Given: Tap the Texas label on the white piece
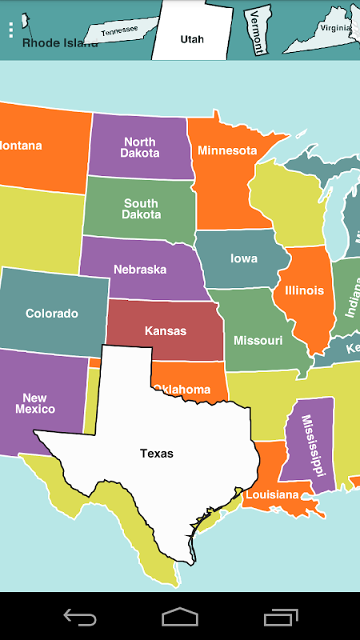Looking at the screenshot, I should pyautogui.click(x=157, y=453).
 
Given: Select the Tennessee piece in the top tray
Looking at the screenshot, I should pyautogui.click(x=120, y=31).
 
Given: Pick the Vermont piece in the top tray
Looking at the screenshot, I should pyautogui.click(x=257, y=31).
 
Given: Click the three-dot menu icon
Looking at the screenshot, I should pyautogui.click(x=11, y=30).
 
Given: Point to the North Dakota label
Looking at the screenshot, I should pyautogui.click(x=140, y=148).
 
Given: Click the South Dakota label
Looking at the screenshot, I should pyautogui.click(x=141, y=209).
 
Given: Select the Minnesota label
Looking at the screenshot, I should pyautogui.click(x=227, y=151).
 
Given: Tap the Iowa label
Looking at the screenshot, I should pyautogui.click(x=244, y=258).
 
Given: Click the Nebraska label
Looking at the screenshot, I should pyautogui.click(x=140, y=270).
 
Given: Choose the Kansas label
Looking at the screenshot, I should pyautogui.click(x=165, y=331).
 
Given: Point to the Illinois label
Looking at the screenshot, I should pyautogui.click(x=304, y=291).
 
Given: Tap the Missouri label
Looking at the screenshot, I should pyautogui.click(x=258, y=341).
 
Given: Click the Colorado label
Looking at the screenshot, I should pyautogui.click(x=52, y=313).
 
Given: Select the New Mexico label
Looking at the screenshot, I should pyautogui.click(x=35, y=403).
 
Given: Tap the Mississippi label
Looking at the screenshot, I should pyautogui.click(x=313, y=445).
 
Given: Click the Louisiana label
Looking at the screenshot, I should pyautogui.click(x=272, y=495).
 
